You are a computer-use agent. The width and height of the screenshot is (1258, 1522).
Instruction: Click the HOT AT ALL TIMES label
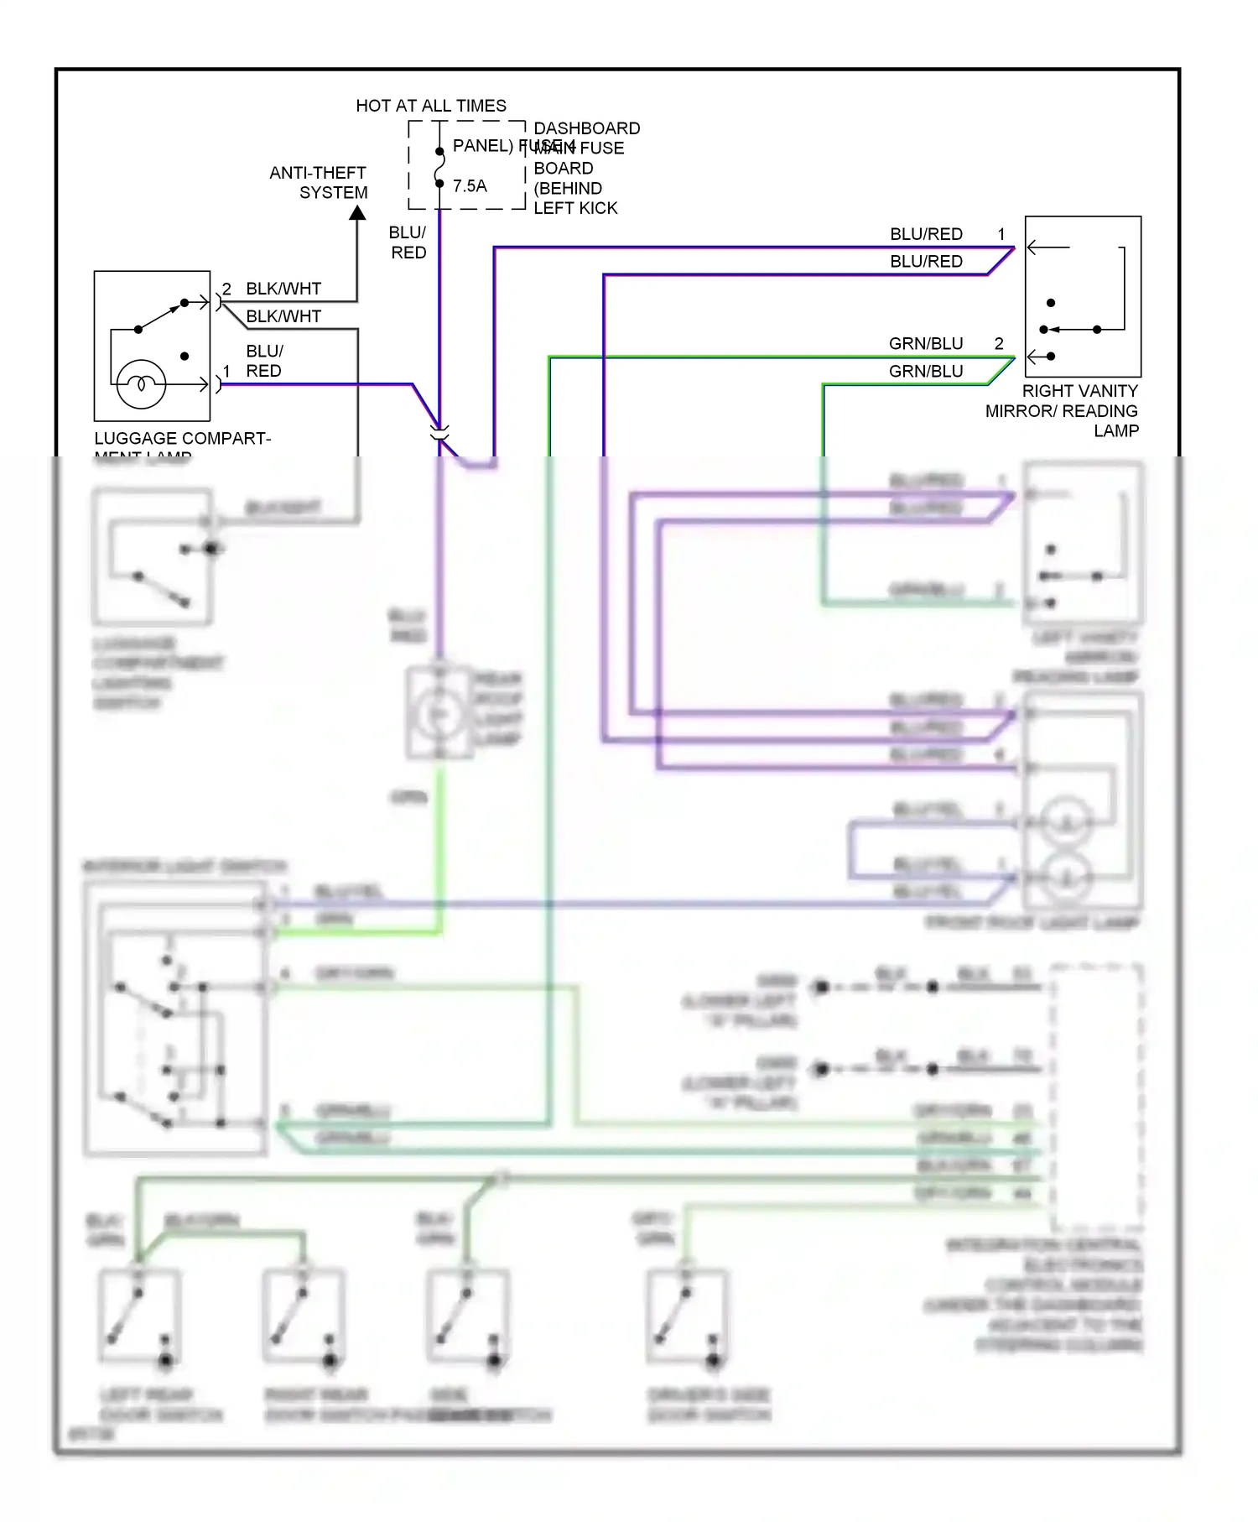pyautogui.click(x=431, y=106)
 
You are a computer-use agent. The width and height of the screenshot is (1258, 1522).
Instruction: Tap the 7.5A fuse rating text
pyautogui.click(x=470, y=186)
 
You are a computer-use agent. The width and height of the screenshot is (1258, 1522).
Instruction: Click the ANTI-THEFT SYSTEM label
pyautogui.click(x=319, y=182)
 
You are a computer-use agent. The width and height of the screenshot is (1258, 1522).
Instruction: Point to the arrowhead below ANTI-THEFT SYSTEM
pyautogui.click(x=357, y=213)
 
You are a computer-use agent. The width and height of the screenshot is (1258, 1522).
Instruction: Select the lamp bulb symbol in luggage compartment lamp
pyautogui.click(x=141, y=384)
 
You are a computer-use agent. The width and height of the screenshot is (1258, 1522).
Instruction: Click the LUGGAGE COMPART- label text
pyautogui.click(x=182, y=438)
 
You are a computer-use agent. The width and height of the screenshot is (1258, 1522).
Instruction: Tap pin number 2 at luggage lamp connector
pyautogui.click(x=226, y=289)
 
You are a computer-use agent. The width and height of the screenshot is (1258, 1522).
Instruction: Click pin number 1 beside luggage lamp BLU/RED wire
pyautogui.click(x=226, y=371)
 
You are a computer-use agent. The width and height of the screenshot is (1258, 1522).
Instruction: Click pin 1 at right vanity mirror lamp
pyautogui.click(x=1001, y=234)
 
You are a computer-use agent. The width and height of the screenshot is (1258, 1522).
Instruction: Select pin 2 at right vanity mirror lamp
pyautogui.click(x=999, y=343)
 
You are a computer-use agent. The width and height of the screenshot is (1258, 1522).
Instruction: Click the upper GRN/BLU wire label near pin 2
pyautogui.click(x=926, y=343)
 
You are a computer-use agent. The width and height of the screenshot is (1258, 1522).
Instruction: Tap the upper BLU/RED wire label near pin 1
pyautogui.click(x=926, y=234)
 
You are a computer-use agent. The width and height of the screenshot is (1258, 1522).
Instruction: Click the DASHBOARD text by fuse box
pyautogui.click(x=587, y=128)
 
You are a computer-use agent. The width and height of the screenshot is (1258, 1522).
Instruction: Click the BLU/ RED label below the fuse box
pyautogui.click(x=408, y=242)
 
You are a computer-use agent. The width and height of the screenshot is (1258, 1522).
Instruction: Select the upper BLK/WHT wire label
pyautogui.click(x=283, y=289)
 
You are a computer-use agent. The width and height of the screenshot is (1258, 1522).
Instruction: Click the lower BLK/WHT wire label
pyautogui.click(x=283, y=316)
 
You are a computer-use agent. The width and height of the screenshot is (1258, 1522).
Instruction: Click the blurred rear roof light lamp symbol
pyautogui.click(x=438, y=712)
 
